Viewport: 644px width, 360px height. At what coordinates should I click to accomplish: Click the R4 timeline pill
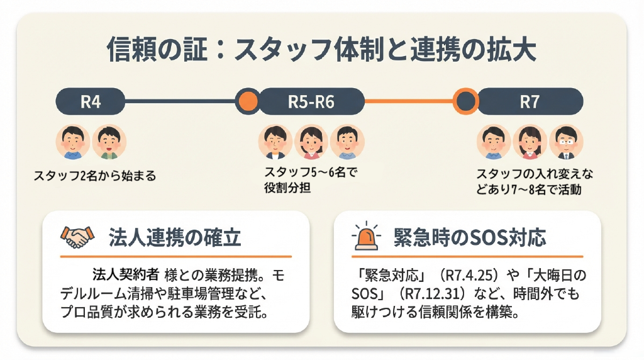91,101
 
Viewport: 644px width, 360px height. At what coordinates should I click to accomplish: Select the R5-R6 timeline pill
311,101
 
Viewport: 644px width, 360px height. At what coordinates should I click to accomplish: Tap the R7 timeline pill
530,101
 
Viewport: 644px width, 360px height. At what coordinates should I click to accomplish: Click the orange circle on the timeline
247,101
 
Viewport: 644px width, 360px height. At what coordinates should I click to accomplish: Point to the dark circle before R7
466,101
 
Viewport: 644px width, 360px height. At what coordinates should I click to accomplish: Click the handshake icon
75,237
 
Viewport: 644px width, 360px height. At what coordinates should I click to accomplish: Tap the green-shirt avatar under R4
109,142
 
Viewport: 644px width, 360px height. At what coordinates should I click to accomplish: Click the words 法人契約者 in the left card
126,275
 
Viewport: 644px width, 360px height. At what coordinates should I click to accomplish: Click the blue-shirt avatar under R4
74,142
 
